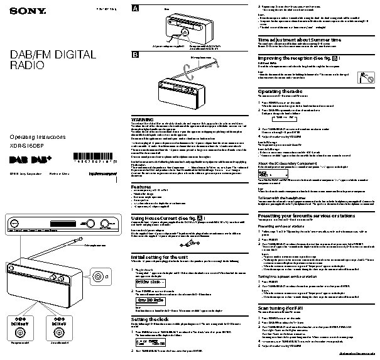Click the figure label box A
135,8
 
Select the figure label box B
135,55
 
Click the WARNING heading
142,118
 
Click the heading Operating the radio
281,91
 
